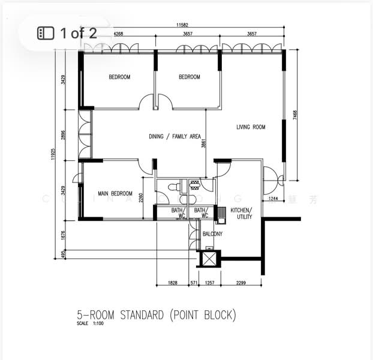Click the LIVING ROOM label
(x=251, y=127)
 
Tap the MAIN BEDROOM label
(x=115, y=193)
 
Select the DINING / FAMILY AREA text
(x=175, y=137)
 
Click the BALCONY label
(x=212, y=234)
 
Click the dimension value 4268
(x=118, y=34)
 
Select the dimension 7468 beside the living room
(x=294, y=116)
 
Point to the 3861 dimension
(x=204, y=144)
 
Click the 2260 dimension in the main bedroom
(x=140, y=197)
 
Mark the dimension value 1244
(x=273, y=198)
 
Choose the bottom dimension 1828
(x=172, y=282)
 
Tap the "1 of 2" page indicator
(x=67, y=32)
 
